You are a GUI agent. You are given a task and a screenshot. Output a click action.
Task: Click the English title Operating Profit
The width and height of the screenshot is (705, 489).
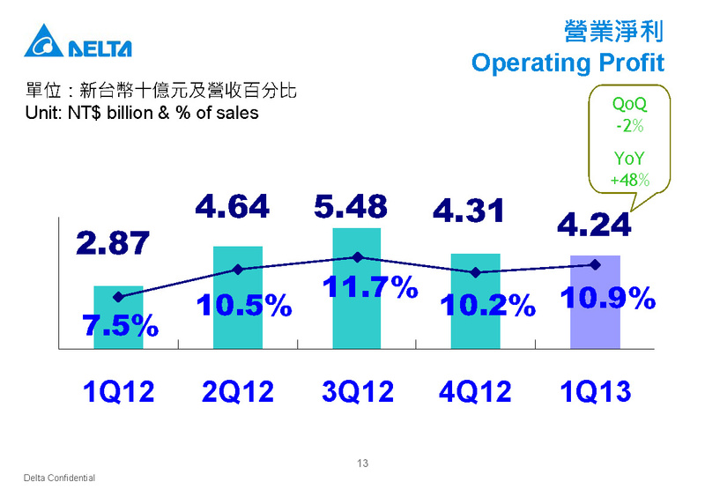coord(568,63)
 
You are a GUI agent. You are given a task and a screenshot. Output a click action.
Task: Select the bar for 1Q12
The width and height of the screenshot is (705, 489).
coord(118,317)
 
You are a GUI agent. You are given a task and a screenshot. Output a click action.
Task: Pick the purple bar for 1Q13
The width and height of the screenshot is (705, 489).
coord(596,302)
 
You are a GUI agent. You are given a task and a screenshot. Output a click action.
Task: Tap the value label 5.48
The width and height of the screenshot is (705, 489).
coord(351,207)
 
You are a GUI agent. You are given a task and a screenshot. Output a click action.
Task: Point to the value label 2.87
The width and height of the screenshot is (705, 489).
coord(113,243)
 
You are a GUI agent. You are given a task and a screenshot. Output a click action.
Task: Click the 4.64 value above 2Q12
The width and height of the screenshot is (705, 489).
coord(232,207)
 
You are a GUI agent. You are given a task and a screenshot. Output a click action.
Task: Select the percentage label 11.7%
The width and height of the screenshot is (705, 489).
coord(370,286)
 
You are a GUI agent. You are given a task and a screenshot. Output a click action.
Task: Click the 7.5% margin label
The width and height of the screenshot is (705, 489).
coord(120,325)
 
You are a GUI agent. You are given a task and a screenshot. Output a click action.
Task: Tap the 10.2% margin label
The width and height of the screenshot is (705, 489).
coord(488,305)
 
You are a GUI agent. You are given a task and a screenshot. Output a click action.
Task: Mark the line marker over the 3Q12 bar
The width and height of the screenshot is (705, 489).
coord(358,257)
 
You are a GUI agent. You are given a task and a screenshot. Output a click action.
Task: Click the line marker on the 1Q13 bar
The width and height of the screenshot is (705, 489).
coord(596,264)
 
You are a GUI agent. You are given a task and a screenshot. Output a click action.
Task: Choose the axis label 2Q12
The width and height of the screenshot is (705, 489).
coord(238,391)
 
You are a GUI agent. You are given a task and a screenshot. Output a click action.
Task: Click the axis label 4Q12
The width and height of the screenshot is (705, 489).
coord(475,391)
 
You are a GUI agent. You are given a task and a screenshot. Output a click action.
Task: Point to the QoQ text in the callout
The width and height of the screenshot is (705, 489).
coord(629,104)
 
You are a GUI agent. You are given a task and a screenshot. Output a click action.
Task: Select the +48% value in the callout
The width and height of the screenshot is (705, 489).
coord(629,180)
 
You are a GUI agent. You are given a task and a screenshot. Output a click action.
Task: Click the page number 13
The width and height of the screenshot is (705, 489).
coord(362,463)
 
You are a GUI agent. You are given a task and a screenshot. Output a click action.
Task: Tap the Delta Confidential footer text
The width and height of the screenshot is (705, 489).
coord(59,478)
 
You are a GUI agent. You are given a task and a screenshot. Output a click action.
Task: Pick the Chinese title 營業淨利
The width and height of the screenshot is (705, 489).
coord(613,32)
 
